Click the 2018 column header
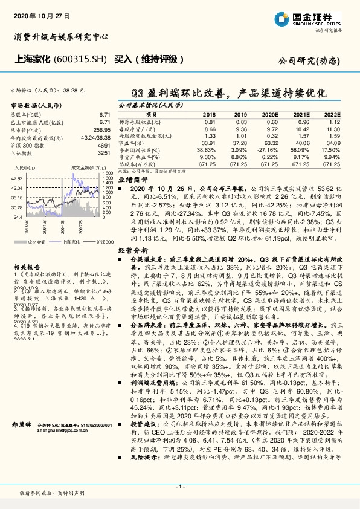click(209, 114)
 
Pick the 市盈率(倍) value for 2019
click(240, 143)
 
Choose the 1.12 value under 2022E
click(333, 121)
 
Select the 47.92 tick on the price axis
click(16, 179)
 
